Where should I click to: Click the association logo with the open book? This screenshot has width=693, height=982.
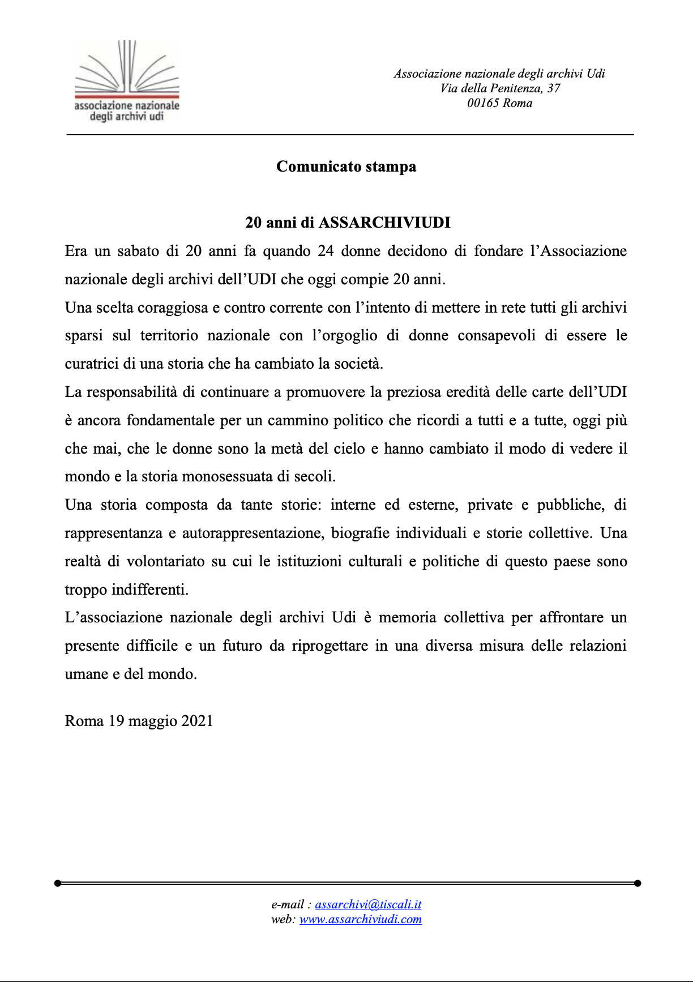coord(127,81)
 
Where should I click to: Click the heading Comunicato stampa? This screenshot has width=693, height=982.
coord(346,166)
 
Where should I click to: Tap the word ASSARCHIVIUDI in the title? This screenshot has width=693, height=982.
coord(384,223)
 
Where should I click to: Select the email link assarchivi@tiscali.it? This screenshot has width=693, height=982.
coord(368,904)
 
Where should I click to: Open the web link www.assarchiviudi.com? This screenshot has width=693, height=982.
coord(360,919)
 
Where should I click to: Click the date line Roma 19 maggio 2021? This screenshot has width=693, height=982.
coord(139,721)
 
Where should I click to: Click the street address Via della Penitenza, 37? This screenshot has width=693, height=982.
coord(500,88)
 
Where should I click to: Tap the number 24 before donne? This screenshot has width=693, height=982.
coord(326,251)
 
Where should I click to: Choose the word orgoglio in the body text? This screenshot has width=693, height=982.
coord(350,336)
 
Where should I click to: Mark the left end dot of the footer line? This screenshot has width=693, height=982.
coord(58,883)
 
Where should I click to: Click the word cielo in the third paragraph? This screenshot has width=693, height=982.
coord(349,449)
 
